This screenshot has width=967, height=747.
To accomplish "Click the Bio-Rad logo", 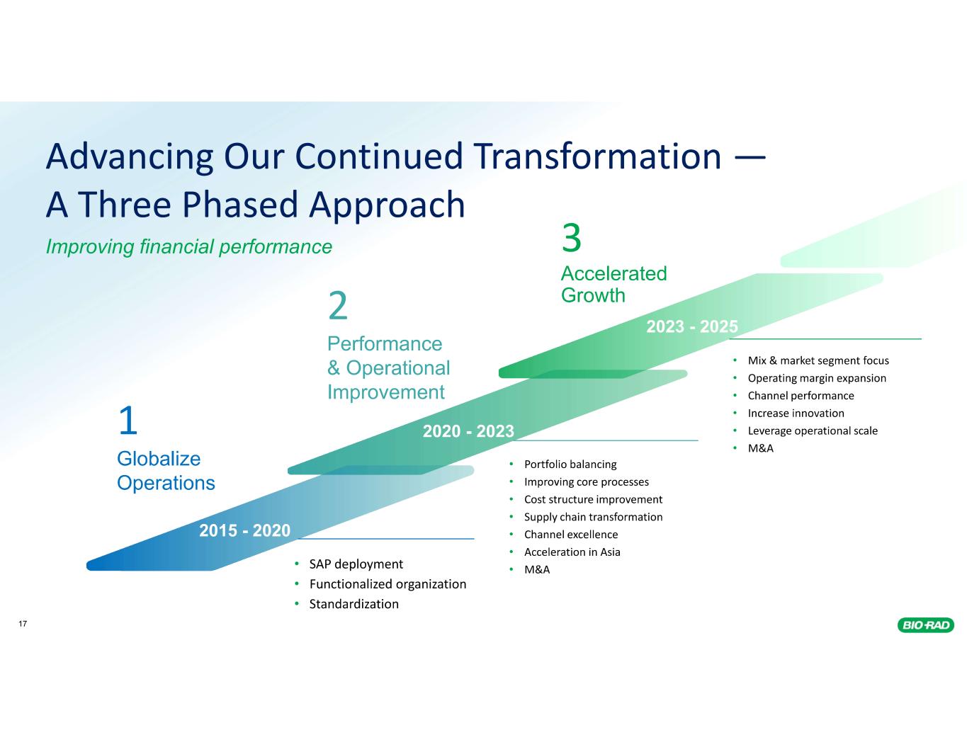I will click(926, 625).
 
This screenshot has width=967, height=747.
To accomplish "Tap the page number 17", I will click(23, 624).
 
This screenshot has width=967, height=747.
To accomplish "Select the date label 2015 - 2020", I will click(245, 530).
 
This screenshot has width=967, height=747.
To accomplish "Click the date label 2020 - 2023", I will click(468, 430).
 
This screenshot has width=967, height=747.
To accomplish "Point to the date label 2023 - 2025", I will click(692, 326).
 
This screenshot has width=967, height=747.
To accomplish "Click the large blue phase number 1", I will click(128, 422).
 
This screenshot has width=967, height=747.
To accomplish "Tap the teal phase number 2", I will click(338, 306).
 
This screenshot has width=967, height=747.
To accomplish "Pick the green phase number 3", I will click(572, 238).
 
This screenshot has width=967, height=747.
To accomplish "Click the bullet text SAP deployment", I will click(356, 564).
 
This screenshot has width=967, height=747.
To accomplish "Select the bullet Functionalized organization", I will click(388, 584).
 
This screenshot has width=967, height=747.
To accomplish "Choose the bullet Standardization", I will click(354, 604).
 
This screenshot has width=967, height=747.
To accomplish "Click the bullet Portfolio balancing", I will click(570, 464).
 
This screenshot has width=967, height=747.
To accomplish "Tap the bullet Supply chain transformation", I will click(593, 517).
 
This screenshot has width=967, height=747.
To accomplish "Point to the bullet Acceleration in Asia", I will click(572, 552).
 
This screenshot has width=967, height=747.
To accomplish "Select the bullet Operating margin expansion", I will click(817, 378).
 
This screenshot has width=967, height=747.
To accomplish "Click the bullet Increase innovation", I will click(796, 413).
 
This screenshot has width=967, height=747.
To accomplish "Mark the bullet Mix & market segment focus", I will click(818, 360).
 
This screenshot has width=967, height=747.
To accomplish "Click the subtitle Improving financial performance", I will click(188, 246).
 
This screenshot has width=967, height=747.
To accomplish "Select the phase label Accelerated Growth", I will click(613, 284).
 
